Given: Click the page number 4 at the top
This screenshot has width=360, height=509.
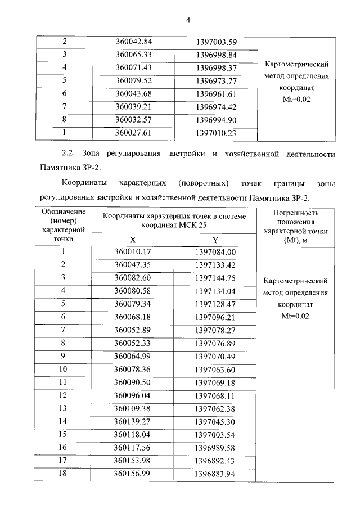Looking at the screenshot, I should [188, 21].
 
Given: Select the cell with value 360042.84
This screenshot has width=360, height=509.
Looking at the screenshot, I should [134, 42].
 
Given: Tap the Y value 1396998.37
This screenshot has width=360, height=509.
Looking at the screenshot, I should [216, 67].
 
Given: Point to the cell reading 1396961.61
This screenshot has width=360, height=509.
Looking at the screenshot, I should [216, 93].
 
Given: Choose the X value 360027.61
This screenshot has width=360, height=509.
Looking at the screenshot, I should [134, 133].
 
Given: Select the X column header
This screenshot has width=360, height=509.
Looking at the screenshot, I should [133, 239].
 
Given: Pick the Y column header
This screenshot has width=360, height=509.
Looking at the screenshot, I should [215, 239].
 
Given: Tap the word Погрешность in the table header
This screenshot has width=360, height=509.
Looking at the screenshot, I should [295, 213].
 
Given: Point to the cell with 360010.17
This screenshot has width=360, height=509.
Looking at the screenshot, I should [134, 251].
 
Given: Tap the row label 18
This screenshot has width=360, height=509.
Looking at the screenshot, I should [64, 473].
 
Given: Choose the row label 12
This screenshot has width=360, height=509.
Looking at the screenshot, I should [64, 395].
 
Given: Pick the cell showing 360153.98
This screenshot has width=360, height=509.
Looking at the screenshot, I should [134, 460].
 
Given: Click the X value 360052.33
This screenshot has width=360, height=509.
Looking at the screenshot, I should [134, 343].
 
